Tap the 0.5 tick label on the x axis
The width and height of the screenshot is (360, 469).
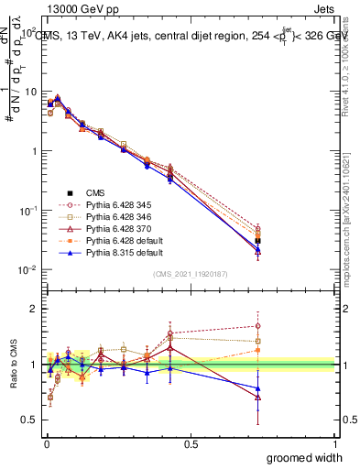coord(191,443)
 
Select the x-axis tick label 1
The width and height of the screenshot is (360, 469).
coord(335,443)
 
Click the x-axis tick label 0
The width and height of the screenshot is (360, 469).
coord(46,443)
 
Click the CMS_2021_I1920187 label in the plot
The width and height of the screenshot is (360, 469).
coord(191,274)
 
